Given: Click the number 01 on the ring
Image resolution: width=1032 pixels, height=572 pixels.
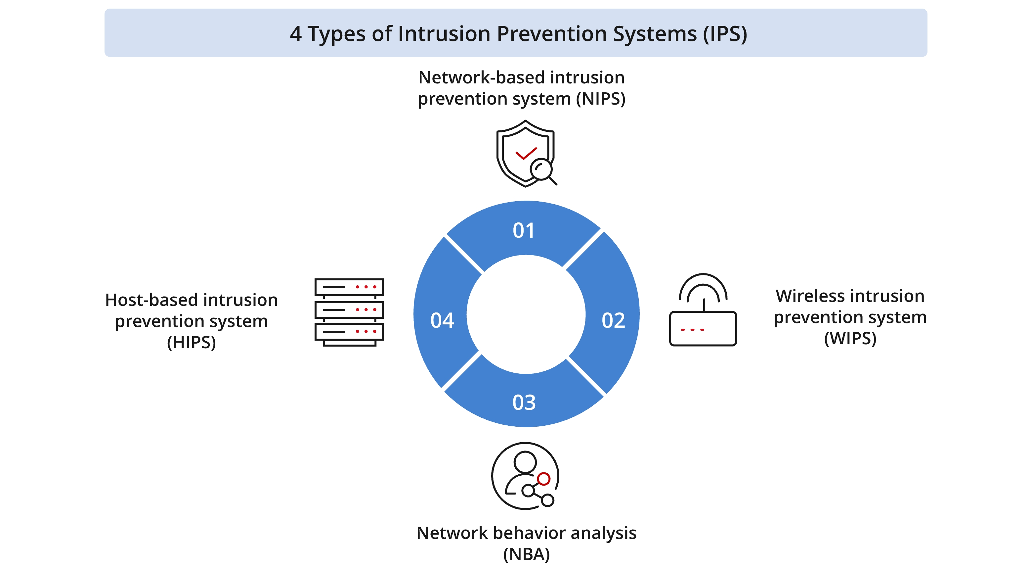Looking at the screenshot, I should [x=524, y=230].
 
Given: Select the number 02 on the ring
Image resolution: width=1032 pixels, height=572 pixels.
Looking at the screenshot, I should [x=613, y=320].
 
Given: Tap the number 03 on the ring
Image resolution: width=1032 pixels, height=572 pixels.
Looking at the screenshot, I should [x=524, y=402].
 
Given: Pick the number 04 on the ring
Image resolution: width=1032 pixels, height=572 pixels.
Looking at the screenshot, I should [x=442, y=320].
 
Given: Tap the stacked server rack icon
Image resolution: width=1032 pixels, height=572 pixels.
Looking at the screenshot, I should [x=349, y=312].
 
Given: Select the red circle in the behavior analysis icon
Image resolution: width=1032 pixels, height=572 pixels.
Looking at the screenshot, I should [x=544, y=479].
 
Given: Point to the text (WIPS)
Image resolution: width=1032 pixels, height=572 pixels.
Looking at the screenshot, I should [x=850, y=338].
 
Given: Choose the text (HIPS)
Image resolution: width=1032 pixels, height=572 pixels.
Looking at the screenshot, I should [x=192, y=342].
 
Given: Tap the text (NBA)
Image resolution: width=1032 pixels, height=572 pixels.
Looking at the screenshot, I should [x=526, y=554].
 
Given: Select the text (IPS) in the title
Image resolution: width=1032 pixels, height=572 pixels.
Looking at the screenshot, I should [x=725, y=34].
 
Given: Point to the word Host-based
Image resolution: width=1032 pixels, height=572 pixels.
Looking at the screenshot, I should [x=151, y=300].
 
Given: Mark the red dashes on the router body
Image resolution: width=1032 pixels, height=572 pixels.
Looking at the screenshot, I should [x=692, y=329].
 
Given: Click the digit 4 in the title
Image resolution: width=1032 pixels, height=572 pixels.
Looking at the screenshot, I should [x=296, y=34].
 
